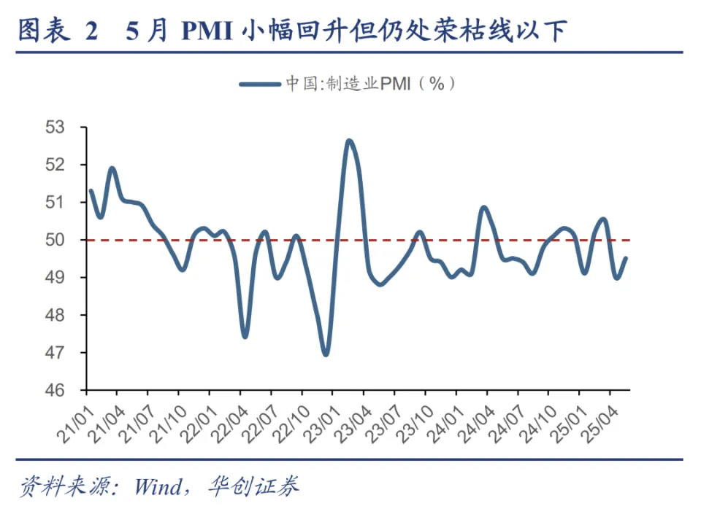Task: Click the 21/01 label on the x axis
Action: click(x=74, y=418)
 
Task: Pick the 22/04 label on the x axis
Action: click(x=228, y=418)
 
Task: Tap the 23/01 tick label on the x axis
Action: click(x=321, y=418)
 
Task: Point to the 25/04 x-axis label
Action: click(x=597, y=418)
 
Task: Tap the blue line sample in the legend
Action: click(x=259, y=84)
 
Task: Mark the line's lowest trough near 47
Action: click(x=326, y=354)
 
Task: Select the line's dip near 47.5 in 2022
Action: click(x=245, y=336)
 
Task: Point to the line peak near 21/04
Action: click(x=112, y=168)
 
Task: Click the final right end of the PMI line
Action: click(x=627, y=257)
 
